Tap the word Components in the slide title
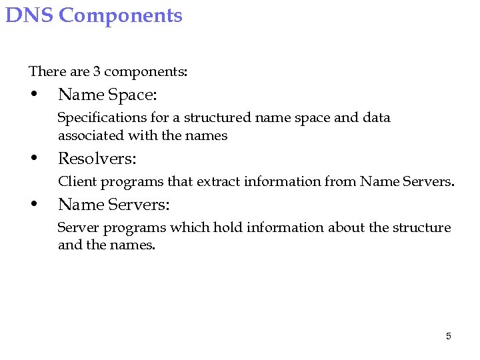click(121, 16)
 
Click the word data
click(376, 118)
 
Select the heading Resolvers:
click(97, 159)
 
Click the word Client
click(75, 181)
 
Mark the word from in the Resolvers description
click(341, 181)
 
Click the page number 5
click(448, 336)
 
